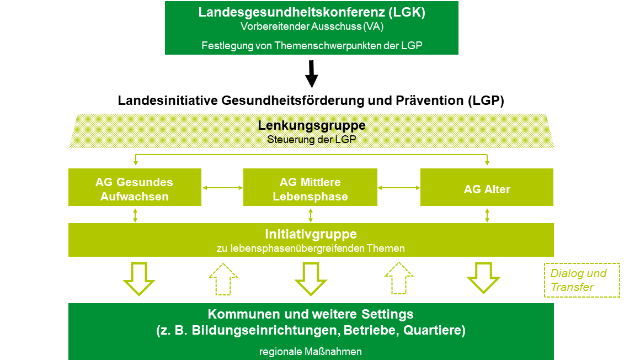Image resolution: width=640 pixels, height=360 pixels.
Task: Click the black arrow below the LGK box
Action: [312, 74]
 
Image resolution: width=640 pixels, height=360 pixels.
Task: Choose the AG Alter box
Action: [487, 189]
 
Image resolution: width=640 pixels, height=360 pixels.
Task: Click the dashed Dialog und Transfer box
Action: [582, 280]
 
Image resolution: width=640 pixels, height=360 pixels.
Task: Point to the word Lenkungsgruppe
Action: [312, 125]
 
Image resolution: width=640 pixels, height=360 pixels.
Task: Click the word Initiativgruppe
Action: [311, 234]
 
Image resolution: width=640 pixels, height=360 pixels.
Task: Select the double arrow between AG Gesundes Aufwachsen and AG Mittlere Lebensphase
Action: [222, 188]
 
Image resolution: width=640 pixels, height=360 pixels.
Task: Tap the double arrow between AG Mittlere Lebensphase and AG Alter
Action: [399, 188]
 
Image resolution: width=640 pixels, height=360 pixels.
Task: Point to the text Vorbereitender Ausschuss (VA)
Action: [312, 26]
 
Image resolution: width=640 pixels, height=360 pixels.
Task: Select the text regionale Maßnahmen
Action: [311, 351]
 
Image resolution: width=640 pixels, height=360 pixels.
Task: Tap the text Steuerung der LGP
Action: [312, 139]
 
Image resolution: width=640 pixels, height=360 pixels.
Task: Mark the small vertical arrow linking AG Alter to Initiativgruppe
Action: [487, 214]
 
